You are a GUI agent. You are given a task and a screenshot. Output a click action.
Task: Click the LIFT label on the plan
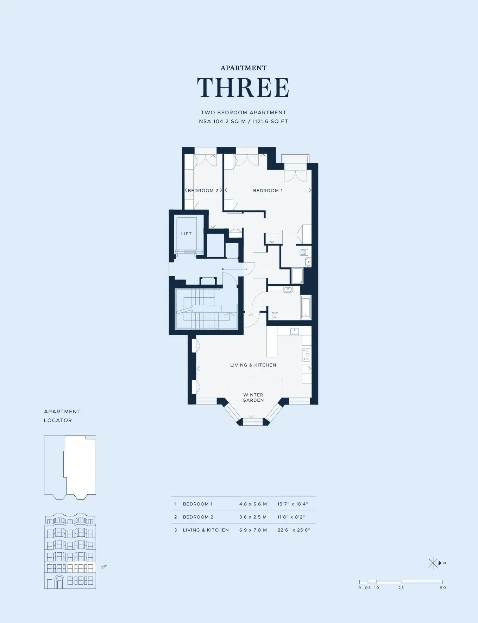tap(186, 234)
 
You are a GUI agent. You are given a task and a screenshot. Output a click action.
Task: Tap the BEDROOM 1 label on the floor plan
tap(268, 191)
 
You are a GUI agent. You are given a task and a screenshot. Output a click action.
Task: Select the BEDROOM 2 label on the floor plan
tap(203, 191)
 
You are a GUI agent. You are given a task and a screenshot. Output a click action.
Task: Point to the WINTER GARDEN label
tap(253, 398)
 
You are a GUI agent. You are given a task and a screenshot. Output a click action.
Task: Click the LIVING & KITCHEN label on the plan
tap(253, 365)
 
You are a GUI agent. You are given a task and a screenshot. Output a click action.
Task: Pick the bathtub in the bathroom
tap(306, 308)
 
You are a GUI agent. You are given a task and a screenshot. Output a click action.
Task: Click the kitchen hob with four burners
tap(307, 355)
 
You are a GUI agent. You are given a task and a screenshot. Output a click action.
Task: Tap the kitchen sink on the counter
tap(294, 331)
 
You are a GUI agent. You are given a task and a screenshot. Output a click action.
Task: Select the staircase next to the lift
tap(206, 309)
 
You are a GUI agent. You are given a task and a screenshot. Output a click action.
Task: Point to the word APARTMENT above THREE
tap(244, 68)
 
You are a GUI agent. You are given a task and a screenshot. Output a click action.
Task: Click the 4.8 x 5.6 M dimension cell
tap(253, 504)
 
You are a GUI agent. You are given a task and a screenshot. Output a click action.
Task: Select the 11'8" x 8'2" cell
tap(291, 517)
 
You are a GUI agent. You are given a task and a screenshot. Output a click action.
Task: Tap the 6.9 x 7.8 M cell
tap(253, 530)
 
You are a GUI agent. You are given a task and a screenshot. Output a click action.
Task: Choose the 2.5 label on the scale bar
tap(401, 588)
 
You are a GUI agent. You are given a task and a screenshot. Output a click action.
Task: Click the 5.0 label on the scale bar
tap(443, 588)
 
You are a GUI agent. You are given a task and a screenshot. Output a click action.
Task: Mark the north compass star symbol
tap(433, 563)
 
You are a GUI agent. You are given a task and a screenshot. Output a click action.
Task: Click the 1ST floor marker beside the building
tap(104, 567)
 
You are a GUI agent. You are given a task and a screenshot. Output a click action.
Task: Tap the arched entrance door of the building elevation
tap(59, 582)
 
